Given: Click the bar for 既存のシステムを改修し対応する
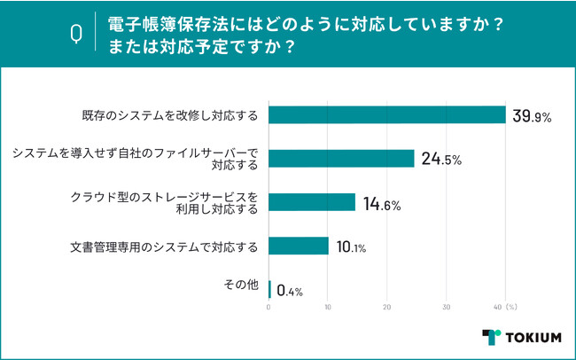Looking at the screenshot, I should [x=386, y=115].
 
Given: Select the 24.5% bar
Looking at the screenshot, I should [x=341, y=159].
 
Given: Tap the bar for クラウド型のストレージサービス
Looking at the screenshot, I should [x=312, y=202].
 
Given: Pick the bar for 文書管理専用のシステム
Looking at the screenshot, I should [x=299, y=246].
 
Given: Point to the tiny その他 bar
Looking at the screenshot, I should [x=269, y=288].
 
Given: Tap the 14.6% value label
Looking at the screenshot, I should [x=382, y=203].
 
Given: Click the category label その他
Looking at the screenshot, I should [x=240, y=286].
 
